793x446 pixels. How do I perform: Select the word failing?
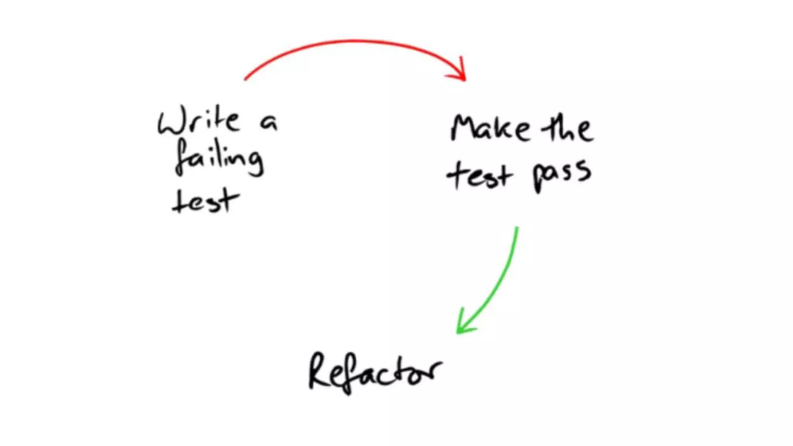[219, 158]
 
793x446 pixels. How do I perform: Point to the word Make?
[490, 128]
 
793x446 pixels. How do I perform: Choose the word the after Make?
[567, 128]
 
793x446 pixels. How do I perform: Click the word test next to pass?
[480, 176]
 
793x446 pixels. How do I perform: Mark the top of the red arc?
[352, 40]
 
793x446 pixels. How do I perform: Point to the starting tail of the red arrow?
[245, 79]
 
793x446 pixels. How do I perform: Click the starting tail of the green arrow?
[517, 228]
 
